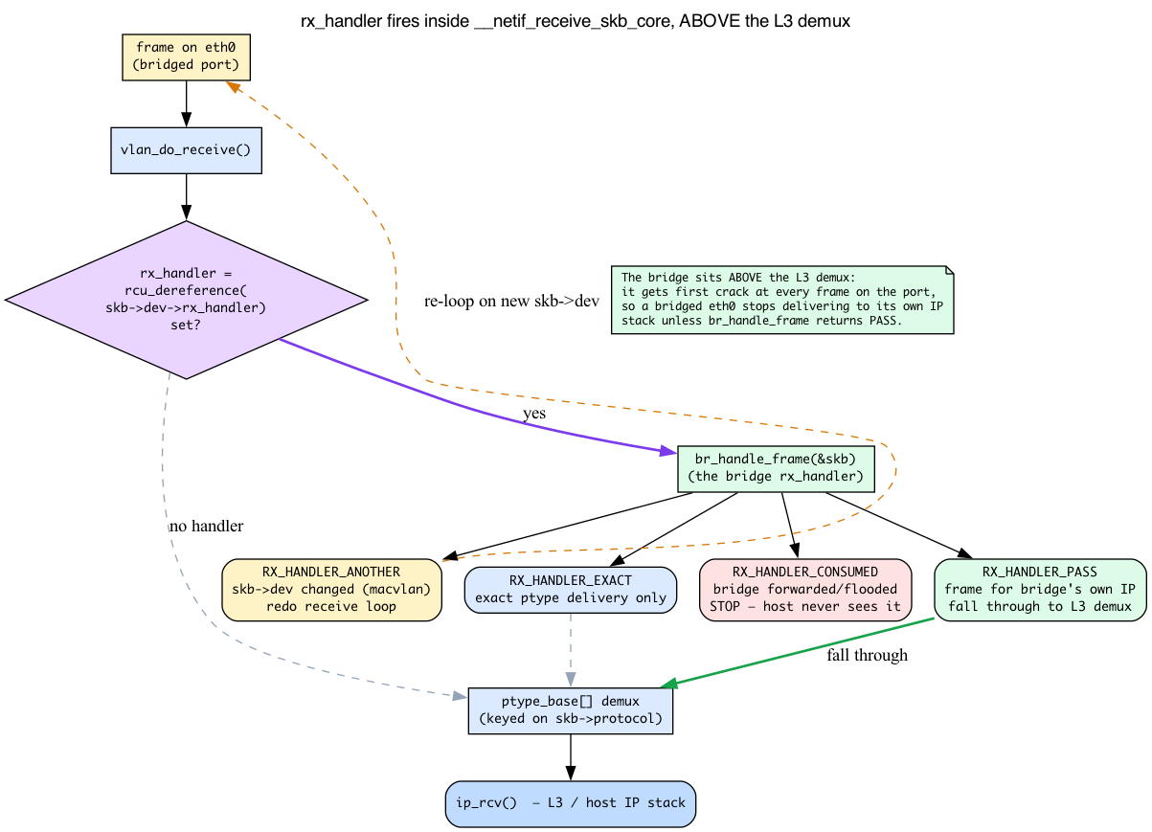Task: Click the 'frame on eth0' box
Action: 186,57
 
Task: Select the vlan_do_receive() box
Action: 186,150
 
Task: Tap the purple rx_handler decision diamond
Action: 186,300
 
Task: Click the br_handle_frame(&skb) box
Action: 776,469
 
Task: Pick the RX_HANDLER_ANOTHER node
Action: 331,590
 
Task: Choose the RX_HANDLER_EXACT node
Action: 571,590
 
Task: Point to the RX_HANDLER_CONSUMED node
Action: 805,590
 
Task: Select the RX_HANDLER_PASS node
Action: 1040,590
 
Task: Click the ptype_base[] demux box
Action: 571,710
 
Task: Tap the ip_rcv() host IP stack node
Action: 571,803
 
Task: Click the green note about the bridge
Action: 782,300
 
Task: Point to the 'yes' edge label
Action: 534,414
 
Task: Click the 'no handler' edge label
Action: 206,526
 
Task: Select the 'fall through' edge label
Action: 867,655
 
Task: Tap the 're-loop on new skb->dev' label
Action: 511,301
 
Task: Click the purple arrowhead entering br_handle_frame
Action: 668,452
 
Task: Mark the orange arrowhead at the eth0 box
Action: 233,86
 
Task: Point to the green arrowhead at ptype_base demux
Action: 668,683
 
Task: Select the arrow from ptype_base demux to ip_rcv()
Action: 571,757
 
